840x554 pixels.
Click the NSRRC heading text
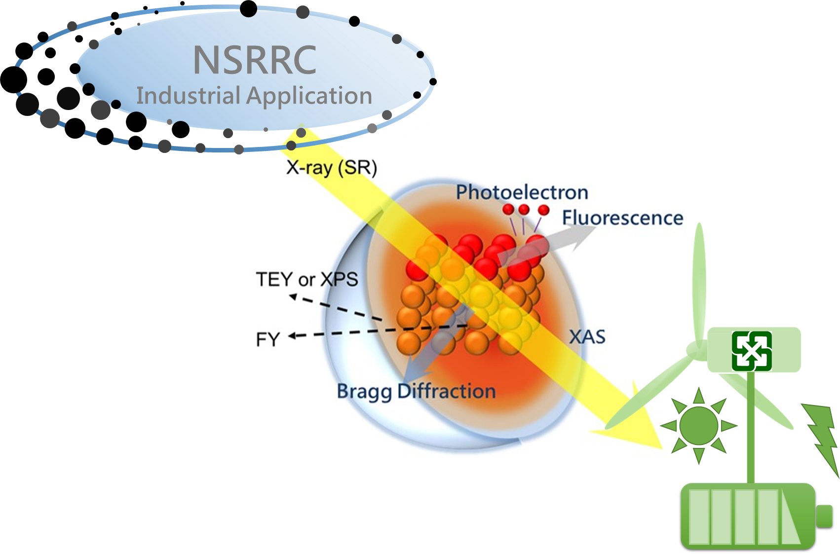pyautogui.click(x=255, y=60)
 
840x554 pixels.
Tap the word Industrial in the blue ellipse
pyautogui.click(x=188, y=96)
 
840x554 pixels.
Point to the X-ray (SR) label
pyautogui.click(x=331, y=168)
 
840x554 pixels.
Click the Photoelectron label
pyautogui.click(x=522, y=192)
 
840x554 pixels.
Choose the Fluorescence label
pyautogui.click(x=622, y=218)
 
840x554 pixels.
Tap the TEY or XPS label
pyautogui.click(x=306, y=280)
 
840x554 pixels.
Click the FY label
pyautogui.click(x=268, y=340)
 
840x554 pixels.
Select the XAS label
pyautogui.click(x=587, y=337)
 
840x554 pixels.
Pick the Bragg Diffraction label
pyautogui.click(x=416, y=391)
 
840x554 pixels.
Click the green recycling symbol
pyautogui.click(x=752, y=351)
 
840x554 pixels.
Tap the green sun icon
pyautogui.click(x=698, y=426)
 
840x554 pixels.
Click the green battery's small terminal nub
pyautogui.click(x=824, y=516)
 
